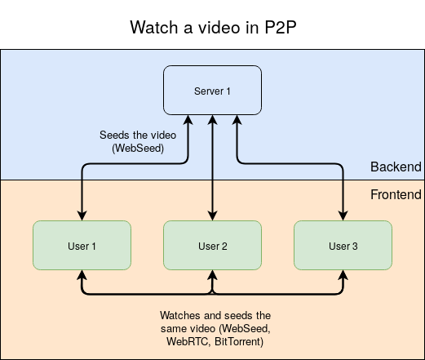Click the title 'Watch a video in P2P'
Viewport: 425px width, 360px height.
[x=212, y=27]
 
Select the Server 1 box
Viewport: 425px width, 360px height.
[x=212, y=91]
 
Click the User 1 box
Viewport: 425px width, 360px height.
[x=82, y=245]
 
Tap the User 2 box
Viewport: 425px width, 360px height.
[x=212, y=245]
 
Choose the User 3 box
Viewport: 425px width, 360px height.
[x=343, y=245]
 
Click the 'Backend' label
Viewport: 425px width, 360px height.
[x=396, y=167]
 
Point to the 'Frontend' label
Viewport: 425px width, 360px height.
[x=396, y=194]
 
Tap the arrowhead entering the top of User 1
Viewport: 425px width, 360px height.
[x=82, y=216]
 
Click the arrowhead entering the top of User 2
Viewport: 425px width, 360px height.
[x=212, y=216]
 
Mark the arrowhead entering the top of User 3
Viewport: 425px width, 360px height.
[x=343, y=216]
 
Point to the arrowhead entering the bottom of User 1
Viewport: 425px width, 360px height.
[x=82, y=275]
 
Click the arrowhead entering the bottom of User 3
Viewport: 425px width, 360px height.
[x=343, y=275]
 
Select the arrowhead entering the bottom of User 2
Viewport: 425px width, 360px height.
[x=212, y=275]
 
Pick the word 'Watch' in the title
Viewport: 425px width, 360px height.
[x=153, y=27]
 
